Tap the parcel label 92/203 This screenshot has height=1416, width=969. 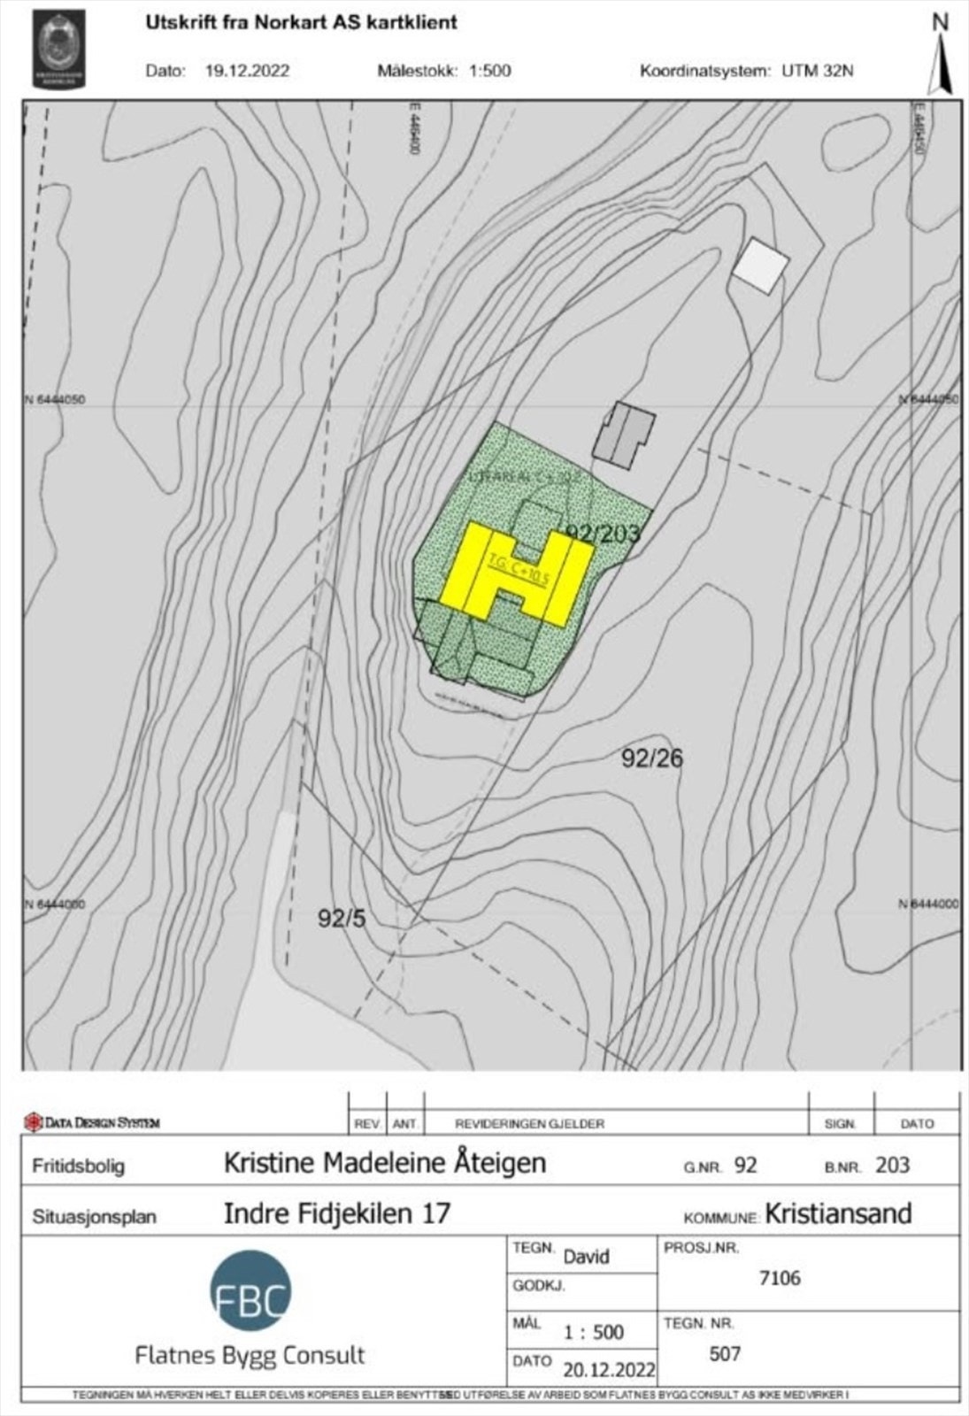click(603, 533)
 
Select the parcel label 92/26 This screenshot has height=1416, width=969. click(652, 758)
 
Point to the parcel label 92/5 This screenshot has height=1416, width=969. click(342, 919)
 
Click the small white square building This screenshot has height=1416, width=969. click(759, 265)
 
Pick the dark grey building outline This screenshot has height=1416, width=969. click(623, 433)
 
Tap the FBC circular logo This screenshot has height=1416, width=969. click(250, 1290)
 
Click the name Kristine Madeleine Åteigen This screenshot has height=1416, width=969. click(385, 1163)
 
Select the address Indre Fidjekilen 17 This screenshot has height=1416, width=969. click(337, 1213)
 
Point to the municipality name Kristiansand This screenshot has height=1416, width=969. click(838, 1213)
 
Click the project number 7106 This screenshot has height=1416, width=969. click(780, 1278)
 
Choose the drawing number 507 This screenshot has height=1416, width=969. click(725, 1353)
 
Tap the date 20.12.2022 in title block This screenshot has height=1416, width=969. click(610, 1370)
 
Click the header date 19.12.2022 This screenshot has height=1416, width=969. click(247, 72)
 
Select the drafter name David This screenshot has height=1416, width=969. click(587, 1257)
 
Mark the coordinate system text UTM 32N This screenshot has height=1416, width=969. click(818, 72)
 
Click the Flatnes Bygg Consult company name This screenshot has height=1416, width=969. click(250, 1355)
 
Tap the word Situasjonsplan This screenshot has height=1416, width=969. click(95, 1216)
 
